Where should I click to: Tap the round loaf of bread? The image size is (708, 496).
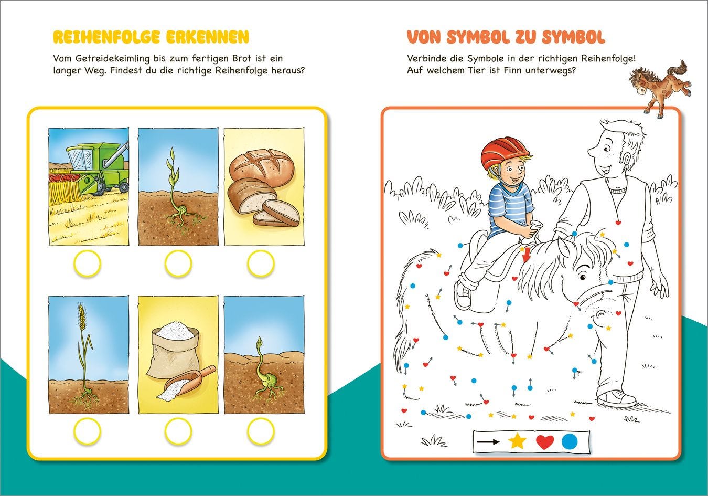(262, 167)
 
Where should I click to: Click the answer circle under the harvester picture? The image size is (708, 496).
(87, 263)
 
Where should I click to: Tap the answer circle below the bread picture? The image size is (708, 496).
(261, 263)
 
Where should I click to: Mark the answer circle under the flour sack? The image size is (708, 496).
(178, 431)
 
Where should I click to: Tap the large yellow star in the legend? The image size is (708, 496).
(517, 441)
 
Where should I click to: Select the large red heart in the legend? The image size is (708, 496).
(545, 442)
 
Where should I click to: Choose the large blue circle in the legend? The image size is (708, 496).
(570, 441)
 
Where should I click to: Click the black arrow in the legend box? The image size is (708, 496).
(489, 442)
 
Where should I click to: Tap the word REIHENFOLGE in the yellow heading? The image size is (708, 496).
(107, 37)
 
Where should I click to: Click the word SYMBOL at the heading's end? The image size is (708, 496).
(574, 37)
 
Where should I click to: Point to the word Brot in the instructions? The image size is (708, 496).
(242, 58)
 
